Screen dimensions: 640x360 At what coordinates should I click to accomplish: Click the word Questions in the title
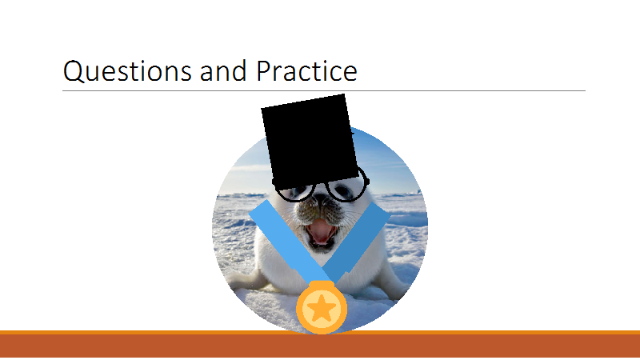[127, 71]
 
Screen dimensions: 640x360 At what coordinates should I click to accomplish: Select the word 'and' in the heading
[223, 70]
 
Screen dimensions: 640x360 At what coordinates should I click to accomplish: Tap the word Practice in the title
[306, 70]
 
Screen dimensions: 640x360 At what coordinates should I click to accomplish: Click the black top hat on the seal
[310, 142]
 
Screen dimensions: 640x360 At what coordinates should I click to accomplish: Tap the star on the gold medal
[322, 308]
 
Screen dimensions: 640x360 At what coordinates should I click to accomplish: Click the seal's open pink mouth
[321, 232]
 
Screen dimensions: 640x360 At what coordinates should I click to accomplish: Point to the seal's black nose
[321, 198]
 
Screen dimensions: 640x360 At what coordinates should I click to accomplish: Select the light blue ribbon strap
[290, 242]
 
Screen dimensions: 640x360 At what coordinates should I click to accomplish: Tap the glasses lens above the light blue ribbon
[295, 193]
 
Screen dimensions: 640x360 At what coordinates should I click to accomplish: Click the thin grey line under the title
[324, 90]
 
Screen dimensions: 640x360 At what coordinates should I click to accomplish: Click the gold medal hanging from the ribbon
[322, 307]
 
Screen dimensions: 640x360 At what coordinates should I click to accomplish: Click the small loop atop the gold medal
[322, 285]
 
